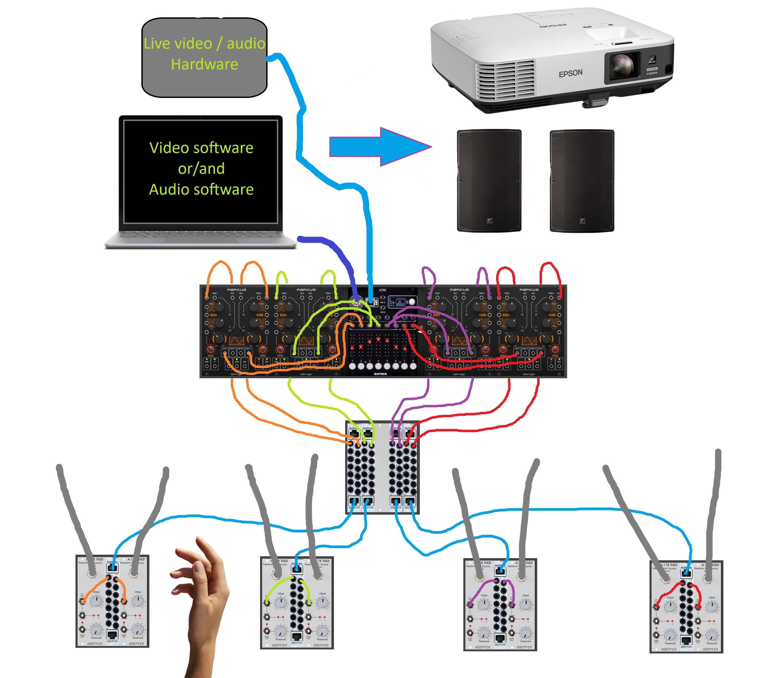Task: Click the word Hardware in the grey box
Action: [204, 64]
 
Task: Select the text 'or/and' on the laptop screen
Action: [201, 169]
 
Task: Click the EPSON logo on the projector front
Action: [570, 73]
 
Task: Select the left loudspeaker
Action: [489, 181]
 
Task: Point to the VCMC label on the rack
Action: [383, 290]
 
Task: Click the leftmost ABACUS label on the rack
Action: [236, 289]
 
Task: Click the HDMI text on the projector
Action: [652, 73]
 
